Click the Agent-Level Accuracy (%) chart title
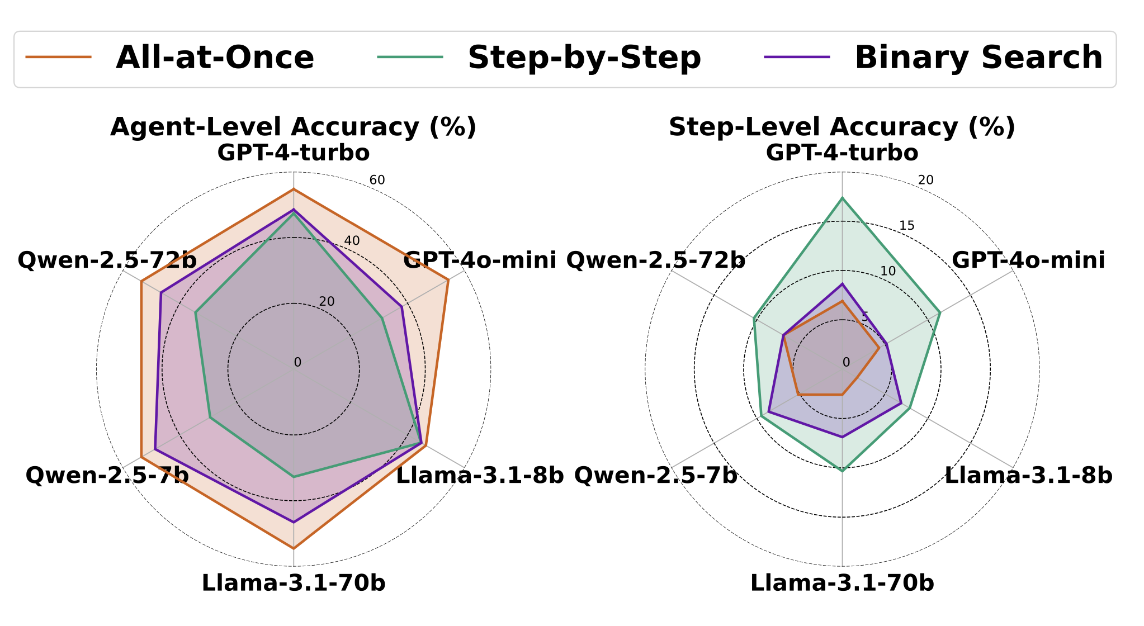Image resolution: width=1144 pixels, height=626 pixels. (293, 127)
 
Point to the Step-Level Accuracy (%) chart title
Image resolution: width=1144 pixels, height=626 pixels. (842, 127)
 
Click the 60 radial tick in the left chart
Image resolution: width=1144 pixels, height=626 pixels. (377, 180)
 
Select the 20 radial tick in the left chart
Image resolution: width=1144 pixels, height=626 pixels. (327, 301)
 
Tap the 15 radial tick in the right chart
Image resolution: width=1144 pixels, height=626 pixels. (906, 225)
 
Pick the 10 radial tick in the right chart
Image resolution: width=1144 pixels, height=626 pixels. (888, 271)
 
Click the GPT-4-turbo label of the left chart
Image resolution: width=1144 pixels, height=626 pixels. (294, 153)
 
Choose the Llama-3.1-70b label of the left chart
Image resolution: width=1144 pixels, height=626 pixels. (294, 583)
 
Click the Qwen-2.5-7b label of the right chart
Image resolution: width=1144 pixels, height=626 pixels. (655, 476)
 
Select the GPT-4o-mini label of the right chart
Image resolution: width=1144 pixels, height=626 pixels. (1028, 260)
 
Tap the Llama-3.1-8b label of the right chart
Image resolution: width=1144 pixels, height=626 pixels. (1028, 476)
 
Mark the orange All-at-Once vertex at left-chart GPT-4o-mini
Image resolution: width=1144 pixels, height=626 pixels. (448, 280)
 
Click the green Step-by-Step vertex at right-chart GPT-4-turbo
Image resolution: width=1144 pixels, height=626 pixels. (842, 198)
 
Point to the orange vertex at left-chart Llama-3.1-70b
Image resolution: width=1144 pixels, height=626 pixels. (294, 549)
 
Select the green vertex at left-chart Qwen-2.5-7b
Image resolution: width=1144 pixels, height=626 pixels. (210, 417)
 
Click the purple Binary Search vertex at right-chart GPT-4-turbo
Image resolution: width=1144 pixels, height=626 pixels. (842, 284)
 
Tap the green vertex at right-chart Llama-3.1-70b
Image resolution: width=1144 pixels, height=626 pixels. (842, 471)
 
